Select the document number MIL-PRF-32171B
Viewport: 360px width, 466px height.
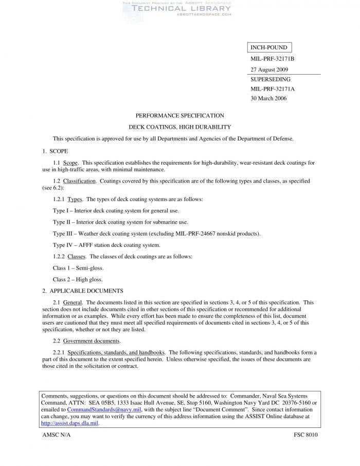(272, 59)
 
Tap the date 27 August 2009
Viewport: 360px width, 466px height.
(269, 69)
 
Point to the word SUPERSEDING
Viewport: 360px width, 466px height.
(270, 80)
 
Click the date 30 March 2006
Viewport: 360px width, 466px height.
(268, 98)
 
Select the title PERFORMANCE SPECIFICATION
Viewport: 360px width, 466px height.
(179, 116)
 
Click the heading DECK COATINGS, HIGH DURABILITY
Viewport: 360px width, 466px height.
(179, 127)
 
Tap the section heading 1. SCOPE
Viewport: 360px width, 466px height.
(55, 151)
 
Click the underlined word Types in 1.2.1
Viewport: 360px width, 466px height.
(75, 199)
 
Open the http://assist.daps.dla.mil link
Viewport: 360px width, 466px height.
(69, 423)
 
